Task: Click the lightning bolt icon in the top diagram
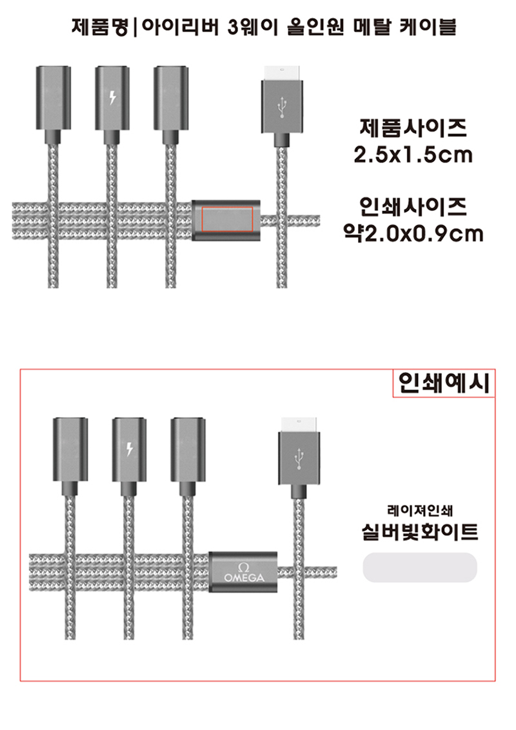point(112,98)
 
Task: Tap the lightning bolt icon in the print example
point(130,449)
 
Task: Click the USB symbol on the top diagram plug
point(282,108)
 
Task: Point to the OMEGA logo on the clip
point(244,573)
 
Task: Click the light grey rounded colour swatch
point(420,567)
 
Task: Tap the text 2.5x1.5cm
point(413,155)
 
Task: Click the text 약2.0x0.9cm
point(413,233)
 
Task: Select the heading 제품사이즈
point(413,128)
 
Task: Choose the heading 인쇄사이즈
point(413,206)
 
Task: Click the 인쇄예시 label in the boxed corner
point(444,383)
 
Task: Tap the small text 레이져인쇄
point(420,511)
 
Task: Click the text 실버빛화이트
point(420,531)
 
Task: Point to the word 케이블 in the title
point(428,27)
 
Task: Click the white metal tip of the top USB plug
point(282,73)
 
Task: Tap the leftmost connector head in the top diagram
point(54,98)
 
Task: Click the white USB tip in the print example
point(299,424)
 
